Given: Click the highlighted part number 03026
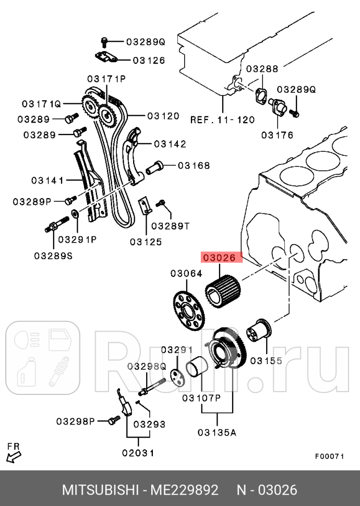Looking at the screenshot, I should (223, 258).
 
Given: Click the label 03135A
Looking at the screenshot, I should (217, 432).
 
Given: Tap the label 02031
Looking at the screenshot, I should (138, 453).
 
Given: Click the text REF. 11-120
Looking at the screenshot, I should (222, 119).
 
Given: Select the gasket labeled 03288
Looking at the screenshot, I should (260, 95).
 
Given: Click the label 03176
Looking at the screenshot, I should (277, 135).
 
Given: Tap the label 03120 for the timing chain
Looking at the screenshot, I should (163, 116).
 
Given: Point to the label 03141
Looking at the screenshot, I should (47, 180).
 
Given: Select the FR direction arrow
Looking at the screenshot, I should (14, 457).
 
